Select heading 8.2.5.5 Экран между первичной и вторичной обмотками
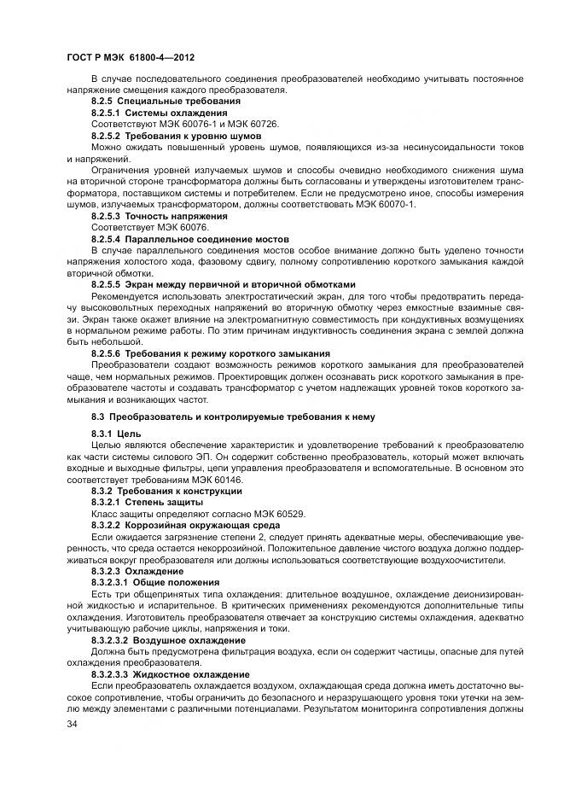(x=223, y=283)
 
